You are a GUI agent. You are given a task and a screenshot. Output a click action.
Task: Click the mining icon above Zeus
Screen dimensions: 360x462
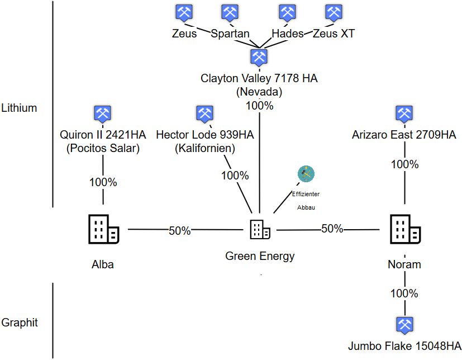pos(184,12)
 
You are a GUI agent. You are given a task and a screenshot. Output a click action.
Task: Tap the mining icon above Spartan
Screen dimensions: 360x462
pos(230,12)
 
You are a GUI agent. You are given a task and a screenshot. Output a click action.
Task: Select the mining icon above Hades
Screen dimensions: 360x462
pos(287,12)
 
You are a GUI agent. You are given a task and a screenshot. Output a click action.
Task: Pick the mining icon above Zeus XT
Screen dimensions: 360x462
pos(334,12)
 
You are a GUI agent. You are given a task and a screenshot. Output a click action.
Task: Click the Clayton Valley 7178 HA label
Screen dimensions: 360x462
pos(259,78)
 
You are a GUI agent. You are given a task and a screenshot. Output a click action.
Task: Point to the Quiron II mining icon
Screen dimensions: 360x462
pos(102,113)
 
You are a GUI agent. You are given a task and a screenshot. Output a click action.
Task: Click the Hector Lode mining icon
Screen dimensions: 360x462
pos(204,113)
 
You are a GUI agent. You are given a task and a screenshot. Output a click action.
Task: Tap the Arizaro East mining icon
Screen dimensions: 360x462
pos(403,113)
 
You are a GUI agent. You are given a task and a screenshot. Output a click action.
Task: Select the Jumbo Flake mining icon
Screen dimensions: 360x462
pos(404,325)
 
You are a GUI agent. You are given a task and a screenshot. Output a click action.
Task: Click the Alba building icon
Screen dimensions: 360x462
pos(103,229)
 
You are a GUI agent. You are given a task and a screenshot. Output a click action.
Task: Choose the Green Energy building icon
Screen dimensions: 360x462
pos(260,229)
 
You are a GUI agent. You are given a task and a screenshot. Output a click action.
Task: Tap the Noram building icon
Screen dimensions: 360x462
pos(404,229)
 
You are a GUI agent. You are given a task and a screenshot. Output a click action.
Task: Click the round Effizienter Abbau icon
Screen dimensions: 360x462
pos(306,174)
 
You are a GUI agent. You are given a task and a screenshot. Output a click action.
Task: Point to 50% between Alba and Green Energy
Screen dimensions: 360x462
pos(180,230)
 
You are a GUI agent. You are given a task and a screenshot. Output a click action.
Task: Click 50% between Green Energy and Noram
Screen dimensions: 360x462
pos(332,229)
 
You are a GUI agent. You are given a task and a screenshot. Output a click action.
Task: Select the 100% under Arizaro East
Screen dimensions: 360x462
pos(404,164)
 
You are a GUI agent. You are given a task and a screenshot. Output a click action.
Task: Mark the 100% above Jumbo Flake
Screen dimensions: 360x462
pos(404,293)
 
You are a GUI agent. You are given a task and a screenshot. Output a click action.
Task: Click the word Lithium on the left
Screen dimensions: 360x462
pos(19,108)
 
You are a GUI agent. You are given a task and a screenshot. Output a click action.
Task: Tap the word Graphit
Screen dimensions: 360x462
pos(19,323)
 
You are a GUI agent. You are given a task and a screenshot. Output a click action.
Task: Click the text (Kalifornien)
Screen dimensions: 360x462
pos(204,149)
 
